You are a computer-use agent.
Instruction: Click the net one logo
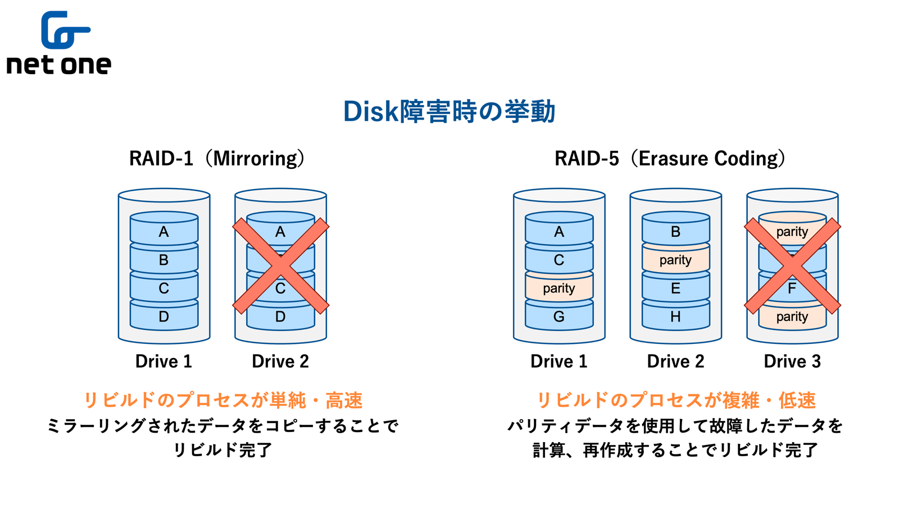coord(59,43)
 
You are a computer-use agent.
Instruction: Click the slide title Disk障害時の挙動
coord(449,111)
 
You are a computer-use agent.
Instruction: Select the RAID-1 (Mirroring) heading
coord(217,158)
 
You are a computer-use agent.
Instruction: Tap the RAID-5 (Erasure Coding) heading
coord(670,158)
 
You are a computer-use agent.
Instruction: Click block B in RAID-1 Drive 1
coord(164,260)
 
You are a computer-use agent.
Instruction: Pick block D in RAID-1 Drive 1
coord(164,317)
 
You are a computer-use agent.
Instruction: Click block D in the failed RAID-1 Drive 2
coord(280,318)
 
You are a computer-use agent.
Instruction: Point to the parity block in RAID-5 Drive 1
coord(559,288)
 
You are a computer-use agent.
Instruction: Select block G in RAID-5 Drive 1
coord(559,317)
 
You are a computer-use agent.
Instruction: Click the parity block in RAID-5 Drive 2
coord(675,260)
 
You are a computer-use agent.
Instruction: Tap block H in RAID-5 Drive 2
coord(675,317)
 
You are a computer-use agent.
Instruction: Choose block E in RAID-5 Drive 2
coord(675,288)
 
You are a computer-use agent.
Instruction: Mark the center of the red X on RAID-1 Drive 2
coord(280,265)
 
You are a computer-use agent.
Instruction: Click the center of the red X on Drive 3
coord(792,265)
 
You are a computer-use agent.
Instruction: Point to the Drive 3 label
coord(792,361)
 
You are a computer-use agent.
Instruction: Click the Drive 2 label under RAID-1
coord(280,361)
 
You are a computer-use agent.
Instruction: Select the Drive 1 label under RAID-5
coord(559,361)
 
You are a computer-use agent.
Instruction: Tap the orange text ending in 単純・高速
coord(223,400)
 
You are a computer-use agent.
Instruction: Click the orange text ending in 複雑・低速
coord(676,400)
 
